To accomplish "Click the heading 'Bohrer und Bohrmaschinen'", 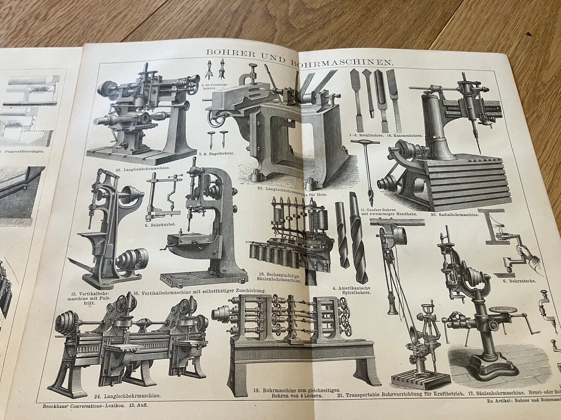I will point(300,55).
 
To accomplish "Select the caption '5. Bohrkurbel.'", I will point(161,226).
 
